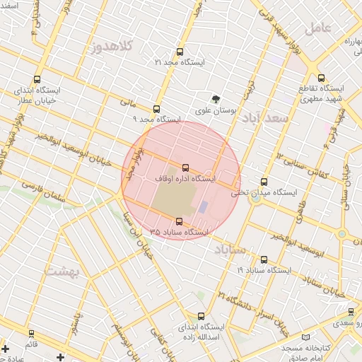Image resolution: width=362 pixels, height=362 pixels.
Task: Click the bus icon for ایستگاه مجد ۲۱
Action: (180, 52)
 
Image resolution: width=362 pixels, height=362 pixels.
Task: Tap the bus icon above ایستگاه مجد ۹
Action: (157, 109)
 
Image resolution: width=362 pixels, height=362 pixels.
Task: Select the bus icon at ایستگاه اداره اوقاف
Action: (185, 168)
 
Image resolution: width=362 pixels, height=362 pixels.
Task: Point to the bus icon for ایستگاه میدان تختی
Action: (264, 182)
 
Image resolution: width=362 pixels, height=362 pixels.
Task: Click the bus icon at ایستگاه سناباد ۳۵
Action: (178, 221)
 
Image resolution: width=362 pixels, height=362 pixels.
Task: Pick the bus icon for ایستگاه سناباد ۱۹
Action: (264, 260)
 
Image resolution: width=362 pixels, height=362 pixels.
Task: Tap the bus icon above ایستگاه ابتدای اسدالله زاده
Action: (202, 316)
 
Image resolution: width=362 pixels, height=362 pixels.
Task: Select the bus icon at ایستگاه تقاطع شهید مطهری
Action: (322, 78)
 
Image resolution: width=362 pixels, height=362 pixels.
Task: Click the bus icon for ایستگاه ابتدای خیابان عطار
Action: (37, 80)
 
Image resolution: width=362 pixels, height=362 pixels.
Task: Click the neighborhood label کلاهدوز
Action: (113, 47)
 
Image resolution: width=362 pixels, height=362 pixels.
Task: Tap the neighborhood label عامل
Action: (319, 28)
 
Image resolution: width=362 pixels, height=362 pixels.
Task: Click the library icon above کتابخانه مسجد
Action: (305, 339)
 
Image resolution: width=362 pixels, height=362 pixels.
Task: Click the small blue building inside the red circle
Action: (203, 207)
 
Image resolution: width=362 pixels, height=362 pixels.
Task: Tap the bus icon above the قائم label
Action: (31, 333)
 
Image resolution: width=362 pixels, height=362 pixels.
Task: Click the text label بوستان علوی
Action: (214, 112)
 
